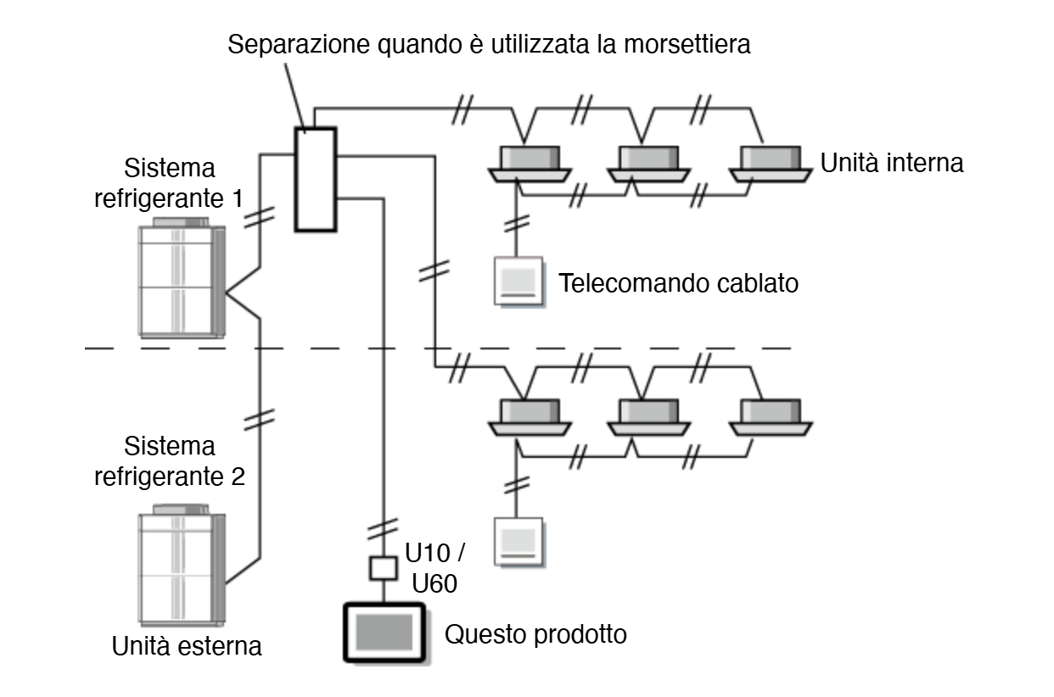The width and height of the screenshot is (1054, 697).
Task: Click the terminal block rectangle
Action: [316, 179]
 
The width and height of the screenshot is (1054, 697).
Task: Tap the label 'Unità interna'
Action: [892, 164]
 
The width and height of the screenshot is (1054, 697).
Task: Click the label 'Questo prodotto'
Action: [536, 633]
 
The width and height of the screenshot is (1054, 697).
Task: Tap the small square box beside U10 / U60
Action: [384, 567]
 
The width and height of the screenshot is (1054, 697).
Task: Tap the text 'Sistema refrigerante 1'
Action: [182, 182]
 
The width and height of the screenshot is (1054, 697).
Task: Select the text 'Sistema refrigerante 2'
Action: [182, 460]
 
